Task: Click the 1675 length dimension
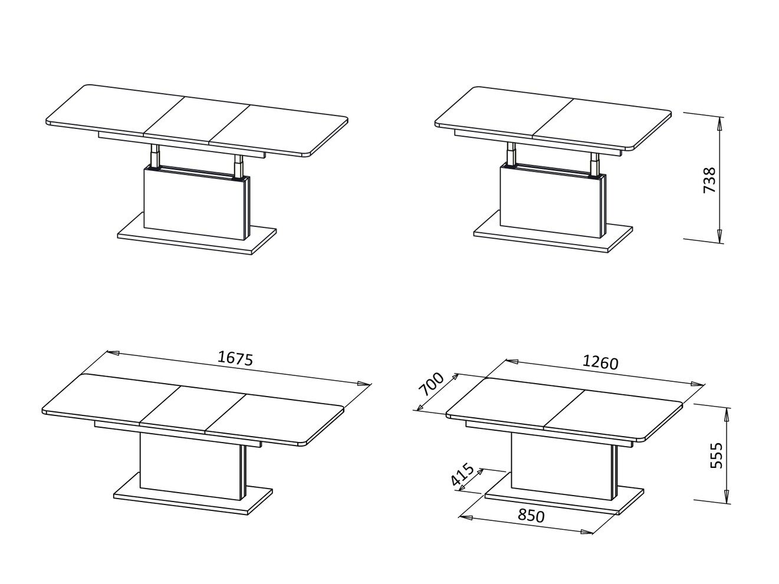(x=235, y=359)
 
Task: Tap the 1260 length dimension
(x=600, y=363)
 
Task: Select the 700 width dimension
(x=431, y=384)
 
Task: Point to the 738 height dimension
(x=709, y=180)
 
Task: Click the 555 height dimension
(x=716, y=455)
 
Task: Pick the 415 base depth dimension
(x=462, y=474)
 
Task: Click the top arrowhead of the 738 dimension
(x=719, y=123)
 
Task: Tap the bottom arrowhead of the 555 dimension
(x=727, y=496)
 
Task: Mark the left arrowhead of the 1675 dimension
(x=113, y=353)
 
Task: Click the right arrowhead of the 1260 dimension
(x=696, y=384)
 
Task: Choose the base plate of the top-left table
(x=196, y=235)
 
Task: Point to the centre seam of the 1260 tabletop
(x=564, y=408)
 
